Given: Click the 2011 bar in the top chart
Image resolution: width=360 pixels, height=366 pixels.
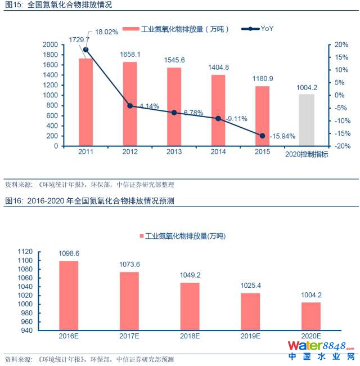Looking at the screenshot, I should click(85, 102).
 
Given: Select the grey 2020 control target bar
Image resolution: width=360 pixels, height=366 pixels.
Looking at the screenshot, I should click(307, 120).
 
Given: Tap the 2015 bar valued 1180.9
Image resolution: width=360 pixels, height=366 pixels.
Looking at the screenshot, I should click(262, 115).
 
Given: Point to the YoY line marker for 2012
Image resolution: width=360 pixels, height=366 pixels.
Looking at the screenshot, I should click(130, 106).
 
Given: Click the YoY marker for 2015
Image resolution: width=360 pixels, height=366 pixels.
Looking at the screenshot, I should click(262, 136).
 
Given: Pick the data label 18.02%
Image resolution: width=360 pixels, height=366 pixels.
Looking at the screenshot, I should click(106, 32).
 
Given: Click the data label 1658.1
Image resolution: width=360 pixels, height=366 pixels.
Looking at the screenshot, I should click(130, 54).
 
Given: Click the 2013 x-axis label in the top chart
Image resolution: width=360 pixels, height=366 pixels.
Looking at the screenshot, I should click(174, 152).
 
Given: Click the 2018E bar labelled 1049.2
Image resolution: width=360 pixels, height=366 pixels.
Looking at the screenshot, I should click(190, 307).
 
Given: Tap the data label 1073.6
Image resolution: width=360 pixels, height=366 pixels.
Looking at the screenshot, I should click(129, 264).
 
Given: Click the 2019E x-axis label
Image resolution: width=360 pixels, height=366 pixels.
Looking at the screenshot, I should click(250, 336).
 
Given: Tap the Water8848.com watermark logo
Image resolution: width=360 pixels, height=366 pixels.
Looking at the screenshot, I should click(321, 349).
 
